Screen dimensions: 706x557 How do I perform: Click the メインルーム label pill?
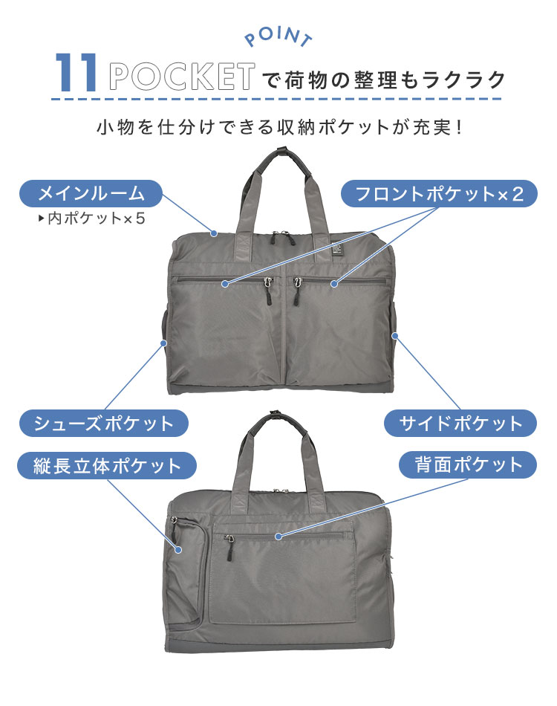90,194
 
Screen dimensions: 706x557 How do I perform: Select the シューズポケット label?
103,424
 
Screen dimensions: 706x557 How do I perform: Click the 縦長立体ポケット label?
107,466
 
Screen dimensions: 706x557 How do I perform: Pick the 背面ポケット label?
460,466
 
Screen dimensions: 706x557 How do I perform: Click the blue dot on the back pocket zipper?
278,536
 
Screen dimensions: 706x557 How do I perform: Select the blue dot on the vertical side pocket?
178,550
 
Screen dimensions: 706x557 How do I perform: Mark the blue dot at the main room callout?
214,233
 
